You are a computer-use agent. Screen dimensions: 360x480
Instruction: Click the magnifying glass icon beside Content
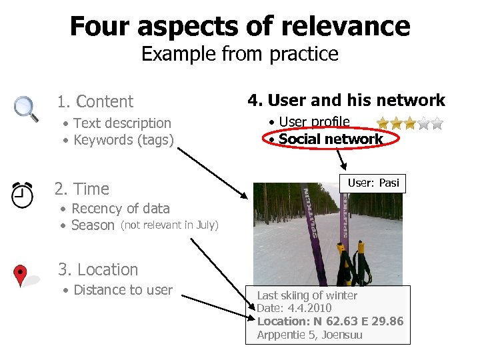(x=25, y=108)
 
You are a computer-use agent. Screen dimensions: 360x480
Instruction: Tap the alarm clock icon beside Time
(x=23, y=194)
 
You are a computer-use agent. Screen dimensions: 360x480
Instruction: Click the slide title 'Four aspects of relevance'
(x=240, y=26)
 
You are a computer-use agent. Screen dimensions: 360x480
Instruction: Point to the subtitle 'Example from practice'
(x=240, y=53)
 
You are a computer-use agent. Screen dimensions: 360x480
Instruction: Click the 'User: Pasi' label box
(x=373, y=183)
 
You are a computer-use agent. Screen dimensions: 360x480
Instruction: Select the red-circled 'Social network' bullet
(x=331, y=139)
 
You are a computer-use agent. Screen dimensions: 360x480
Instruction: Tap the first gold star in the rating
(x=383, y=123)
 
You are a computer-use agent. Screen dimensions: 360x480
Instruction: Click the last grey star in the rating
(x=437, y=123)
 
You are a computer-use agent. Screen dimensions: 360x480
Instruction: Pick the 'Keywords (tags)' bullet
(x=123, y=140)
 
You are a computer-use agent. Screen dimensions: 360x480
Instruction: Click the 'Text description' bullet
(x=122, y=123)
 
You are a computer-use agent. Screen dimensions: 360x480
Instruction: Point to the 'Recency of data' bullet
(x=120, y=208)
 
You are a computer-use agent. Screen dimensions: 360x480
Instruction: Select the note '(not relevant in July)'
(x=169, y=225)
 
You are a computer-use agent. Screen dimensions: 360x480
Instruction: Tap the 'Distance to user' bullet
(x=123, y=290)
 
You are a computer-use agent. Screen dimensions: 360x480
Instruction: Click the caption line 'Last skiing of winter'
(x=307, y=295)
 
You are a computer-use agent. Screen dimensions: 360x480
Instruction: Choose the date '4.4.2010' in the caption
(x=309, y=308)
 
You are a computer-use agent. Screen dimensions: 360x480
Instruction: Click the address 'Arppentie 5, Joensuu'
(x=310, y=335)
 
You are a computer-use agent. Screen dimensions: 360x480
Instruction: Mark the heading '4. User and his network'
(x=346, y=101)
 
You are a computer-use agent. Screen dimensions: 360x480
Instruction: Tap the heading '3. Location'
(x=98, y=269)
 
